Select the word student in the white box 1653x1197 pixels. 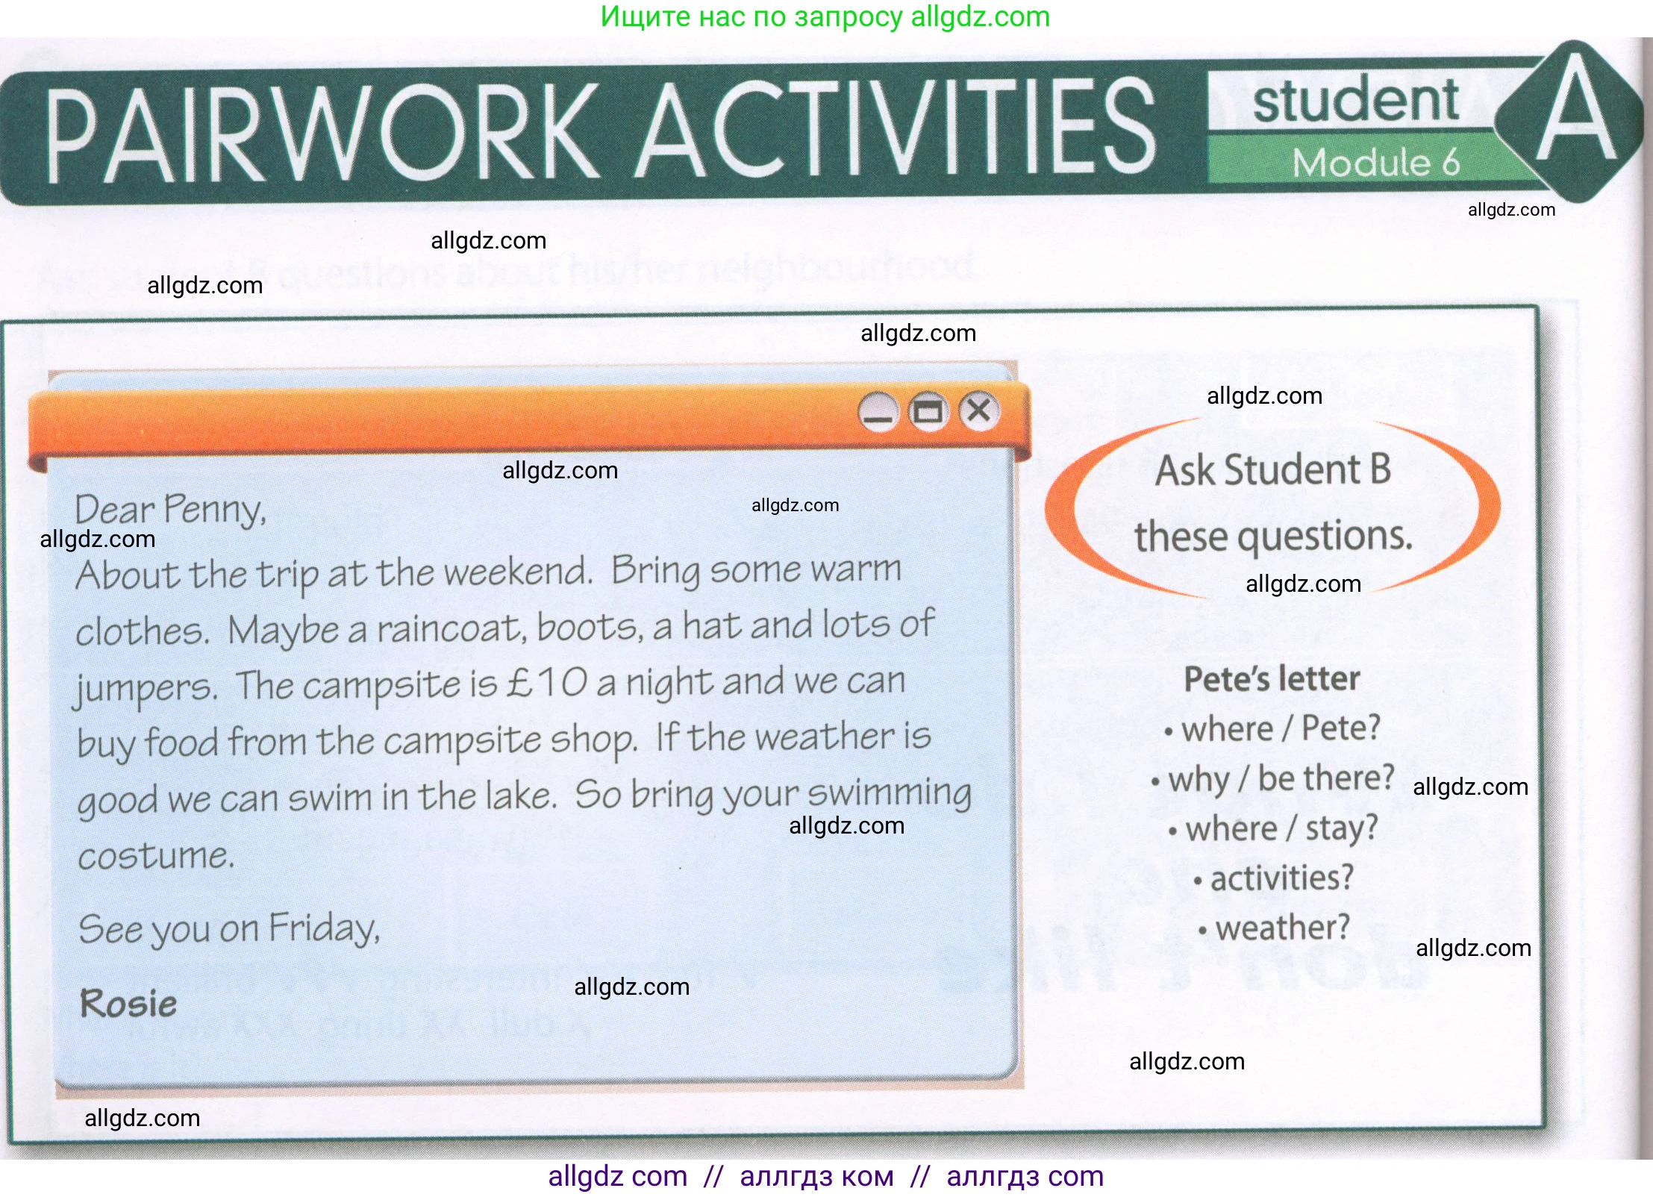tap(1355, 100)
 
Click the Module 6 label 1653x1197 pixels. tap(1375, 162)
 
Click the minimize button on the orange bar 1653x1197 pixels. tap(878, 412)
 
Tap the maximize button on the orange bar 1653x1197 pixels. tap(928, 411)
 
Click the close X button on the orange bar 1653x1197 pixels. tap(979, 410)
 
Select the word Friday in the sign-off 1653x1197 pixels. tap(324, 929)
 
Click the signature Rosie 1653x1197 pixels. tap(128, 1003)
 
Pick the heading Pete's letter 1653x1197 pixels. tap(1272, 678)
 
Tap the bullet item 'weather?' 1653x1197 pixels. tap(1274, 928)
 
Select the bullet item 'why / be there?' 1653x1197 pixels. tap(1272, 779)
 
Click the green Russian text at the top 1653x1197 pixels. tap(825, 16)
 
